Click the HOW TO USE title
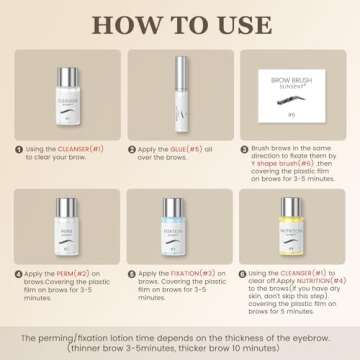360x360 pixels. point(180,22)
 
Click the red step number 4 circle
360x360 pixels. point(18,273)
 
